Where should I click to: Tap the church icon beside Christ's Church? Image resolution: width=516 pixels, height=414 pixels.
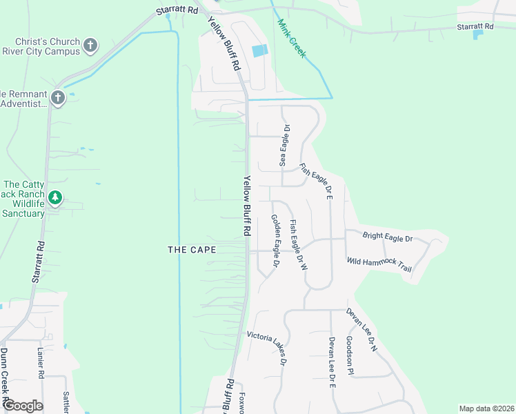point(90,46)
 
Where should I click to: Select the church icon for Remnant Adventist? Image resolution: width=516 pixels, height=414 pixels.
point(57,98)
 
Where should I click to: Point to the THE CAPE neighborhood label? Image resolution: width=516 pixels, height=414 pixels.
point(192,250)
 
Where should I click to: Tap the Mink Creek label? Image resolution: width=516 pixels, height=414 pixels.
point(290,38)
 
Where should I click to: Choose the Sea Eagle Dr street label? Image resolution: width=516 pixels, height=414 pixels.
point(284,146)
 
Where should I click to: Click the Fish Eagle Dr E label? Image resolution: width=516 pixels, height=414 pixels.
point(317,181)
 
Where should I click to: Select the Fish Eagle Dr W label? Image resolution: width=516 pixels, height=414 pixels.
point(297,244)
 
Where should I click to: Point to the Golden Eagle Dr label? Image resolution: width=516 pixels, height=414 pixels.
point(275,241)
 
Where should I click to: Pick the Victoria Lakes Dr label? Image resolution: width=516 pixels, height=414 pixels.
point(271,348)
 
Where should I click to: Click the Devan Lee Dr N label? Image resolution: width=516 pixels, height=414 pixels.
point(361,330)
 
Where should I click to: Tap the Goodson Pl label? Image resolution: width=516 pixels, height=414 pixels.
point(350,356)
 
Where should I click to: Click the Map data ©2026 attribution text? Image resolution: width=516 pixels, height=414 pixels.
point(487,408)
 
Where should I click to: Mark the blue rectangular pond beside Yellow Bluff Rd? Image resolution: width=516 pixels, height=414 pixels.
point(259,50)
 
